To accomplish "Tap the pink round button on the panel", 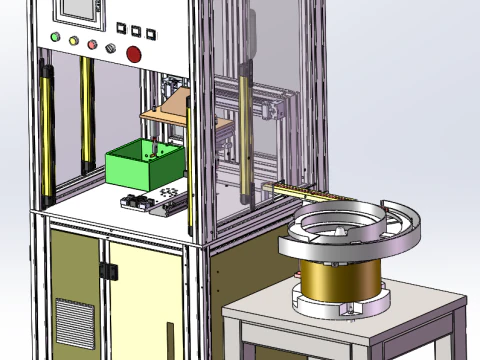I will [x=93, y=46].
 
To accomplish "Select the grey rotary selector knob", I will [x=111, y=48].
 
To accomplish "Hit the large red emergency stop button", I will [x=133, y=52].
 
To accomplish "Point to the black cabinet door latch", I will [x=109, y=270].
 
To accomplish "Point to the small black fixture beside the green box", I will [x=134, y=203].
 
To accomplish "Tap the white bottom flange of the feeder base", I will [x=340, y=303].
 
